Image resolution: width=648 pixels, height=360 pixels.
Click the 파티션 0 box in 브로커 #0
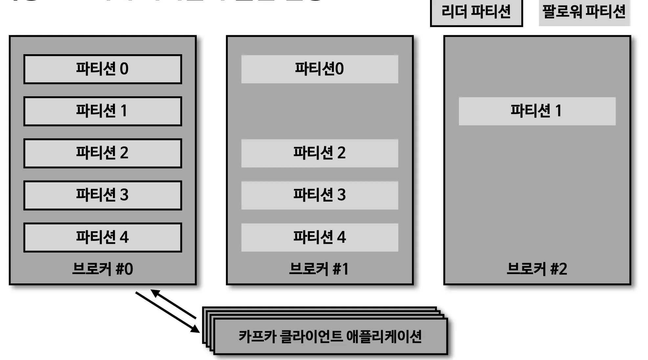tap(102, 69)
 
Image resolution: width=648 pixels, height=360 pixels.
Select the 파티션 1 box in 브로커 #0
tap(102, 111)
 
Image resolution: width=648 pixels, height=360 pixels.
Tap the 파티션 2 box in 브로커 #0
tap(102, 153)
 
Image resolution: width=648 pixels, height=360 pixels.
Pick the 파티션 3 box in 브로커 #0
tap(102, 195)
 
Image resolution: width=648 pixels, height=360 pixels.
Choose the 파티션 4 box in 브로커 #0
tap(102, 237)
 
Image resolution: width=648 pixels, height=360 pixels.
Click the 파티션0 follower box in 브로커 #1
tap(319, 69)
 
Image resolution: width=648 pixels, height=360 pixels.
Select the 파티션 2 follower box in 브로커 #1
tap(319, 153)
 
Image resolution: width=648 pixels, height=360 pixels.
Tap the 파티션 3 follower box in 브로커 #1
tap(319, 195)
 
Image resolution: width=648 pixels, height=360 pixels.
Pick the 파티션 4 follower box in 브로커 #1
tap(319, 237)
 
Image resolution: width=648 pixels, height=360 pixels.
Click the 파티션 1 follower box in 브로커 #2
tap(537, 111)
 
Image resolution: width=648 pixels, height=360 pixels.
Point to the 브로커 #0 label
tap(102, 269)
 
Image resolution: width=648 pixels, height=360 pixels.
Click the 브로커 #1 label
tap(319, 269)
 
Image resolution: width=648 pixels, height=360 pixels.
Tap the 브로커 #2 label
tap(537, 269)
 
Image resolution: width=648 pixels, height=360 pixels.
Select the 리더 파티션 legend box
tap(476, 12)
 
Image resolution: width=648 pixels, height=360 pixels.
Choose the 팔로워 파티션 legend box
tap(584, 12)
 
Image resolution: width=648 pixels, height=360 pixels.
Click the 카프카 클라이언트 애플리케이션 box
tap(330, 337)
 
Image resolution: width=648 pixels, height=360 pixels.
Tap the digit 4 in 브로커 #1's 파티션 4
tap(341, 237)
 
